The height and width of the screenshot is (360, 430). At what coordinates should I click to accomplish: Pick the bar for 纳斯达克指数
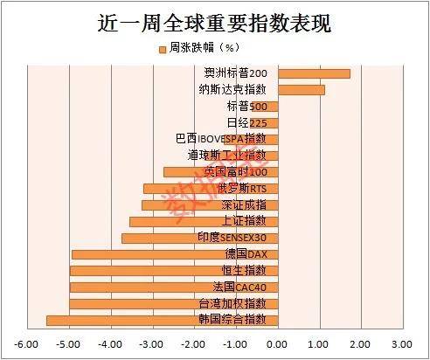[301, 89]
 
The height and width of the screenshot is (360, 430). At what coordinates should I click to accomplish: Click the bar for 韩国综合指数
[162, 320]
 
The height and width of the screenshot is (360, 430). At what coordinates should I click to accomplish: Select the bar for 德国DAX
[174, 254]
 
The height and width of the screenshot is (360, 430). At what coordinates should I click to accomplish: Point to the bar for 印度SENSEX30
[199, 238]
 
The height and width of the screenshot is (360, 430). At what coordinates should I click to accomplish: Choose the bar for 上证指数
[203, 221]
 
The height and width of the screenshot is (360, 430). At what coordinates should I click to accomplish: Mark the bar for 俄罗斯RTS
[211, 188]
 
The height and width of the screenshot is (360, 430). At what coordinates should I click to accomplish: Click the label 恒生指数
[245, 270]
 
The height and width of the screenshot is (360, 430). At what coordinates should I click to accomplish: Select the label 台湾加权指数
[232, 303]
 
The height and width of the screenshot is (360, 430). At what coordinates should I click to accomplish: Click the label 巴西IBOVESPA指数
[221, 139]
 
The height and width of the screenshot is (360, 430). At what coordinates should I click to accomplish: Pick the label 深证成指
[245, 204]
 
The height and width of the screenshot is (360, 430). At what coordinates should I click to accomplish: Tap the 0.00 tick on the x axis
[278, 344]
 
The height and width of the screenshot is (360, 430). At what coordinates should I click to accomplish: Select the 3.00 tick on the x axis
[401, 344]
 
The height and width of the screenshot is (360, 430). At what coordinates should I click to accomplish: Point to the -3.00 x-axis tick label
[152, 344]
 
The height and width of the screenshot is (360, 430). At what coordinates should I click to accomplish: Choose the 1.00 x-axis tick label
[319, 344]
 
